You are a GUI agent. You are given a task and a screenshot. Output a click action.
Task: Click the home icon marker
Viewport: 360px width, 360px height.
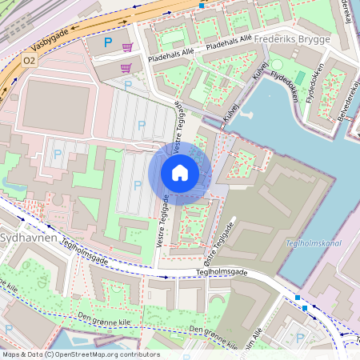click(x=180, y=172)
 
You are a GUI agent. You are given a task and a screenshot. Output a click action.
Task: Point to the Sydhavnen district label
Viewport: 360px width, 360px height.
click(x=27, y=238)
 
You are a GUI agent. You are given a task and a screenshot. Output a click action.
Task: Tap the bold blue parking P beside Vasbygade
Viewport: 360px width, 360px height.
click(x=108, y=42)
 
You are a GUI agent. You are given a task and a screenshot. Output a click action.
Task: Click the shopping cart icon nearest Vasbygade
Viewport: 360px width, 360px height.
click(x=127, y=48)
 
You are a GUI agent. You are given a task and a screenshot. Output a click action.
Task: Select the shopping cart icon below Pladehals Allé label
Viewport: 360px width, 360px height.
click(x=124, y=68)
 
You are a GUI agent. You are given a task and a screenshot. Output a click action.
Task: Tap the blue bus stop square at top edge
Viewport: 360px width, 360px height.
click(x=202, y=5)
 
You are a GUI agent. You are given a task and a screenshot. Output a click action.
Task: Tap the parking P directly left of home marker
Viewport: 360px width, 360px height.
click(x=138, y=185)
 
